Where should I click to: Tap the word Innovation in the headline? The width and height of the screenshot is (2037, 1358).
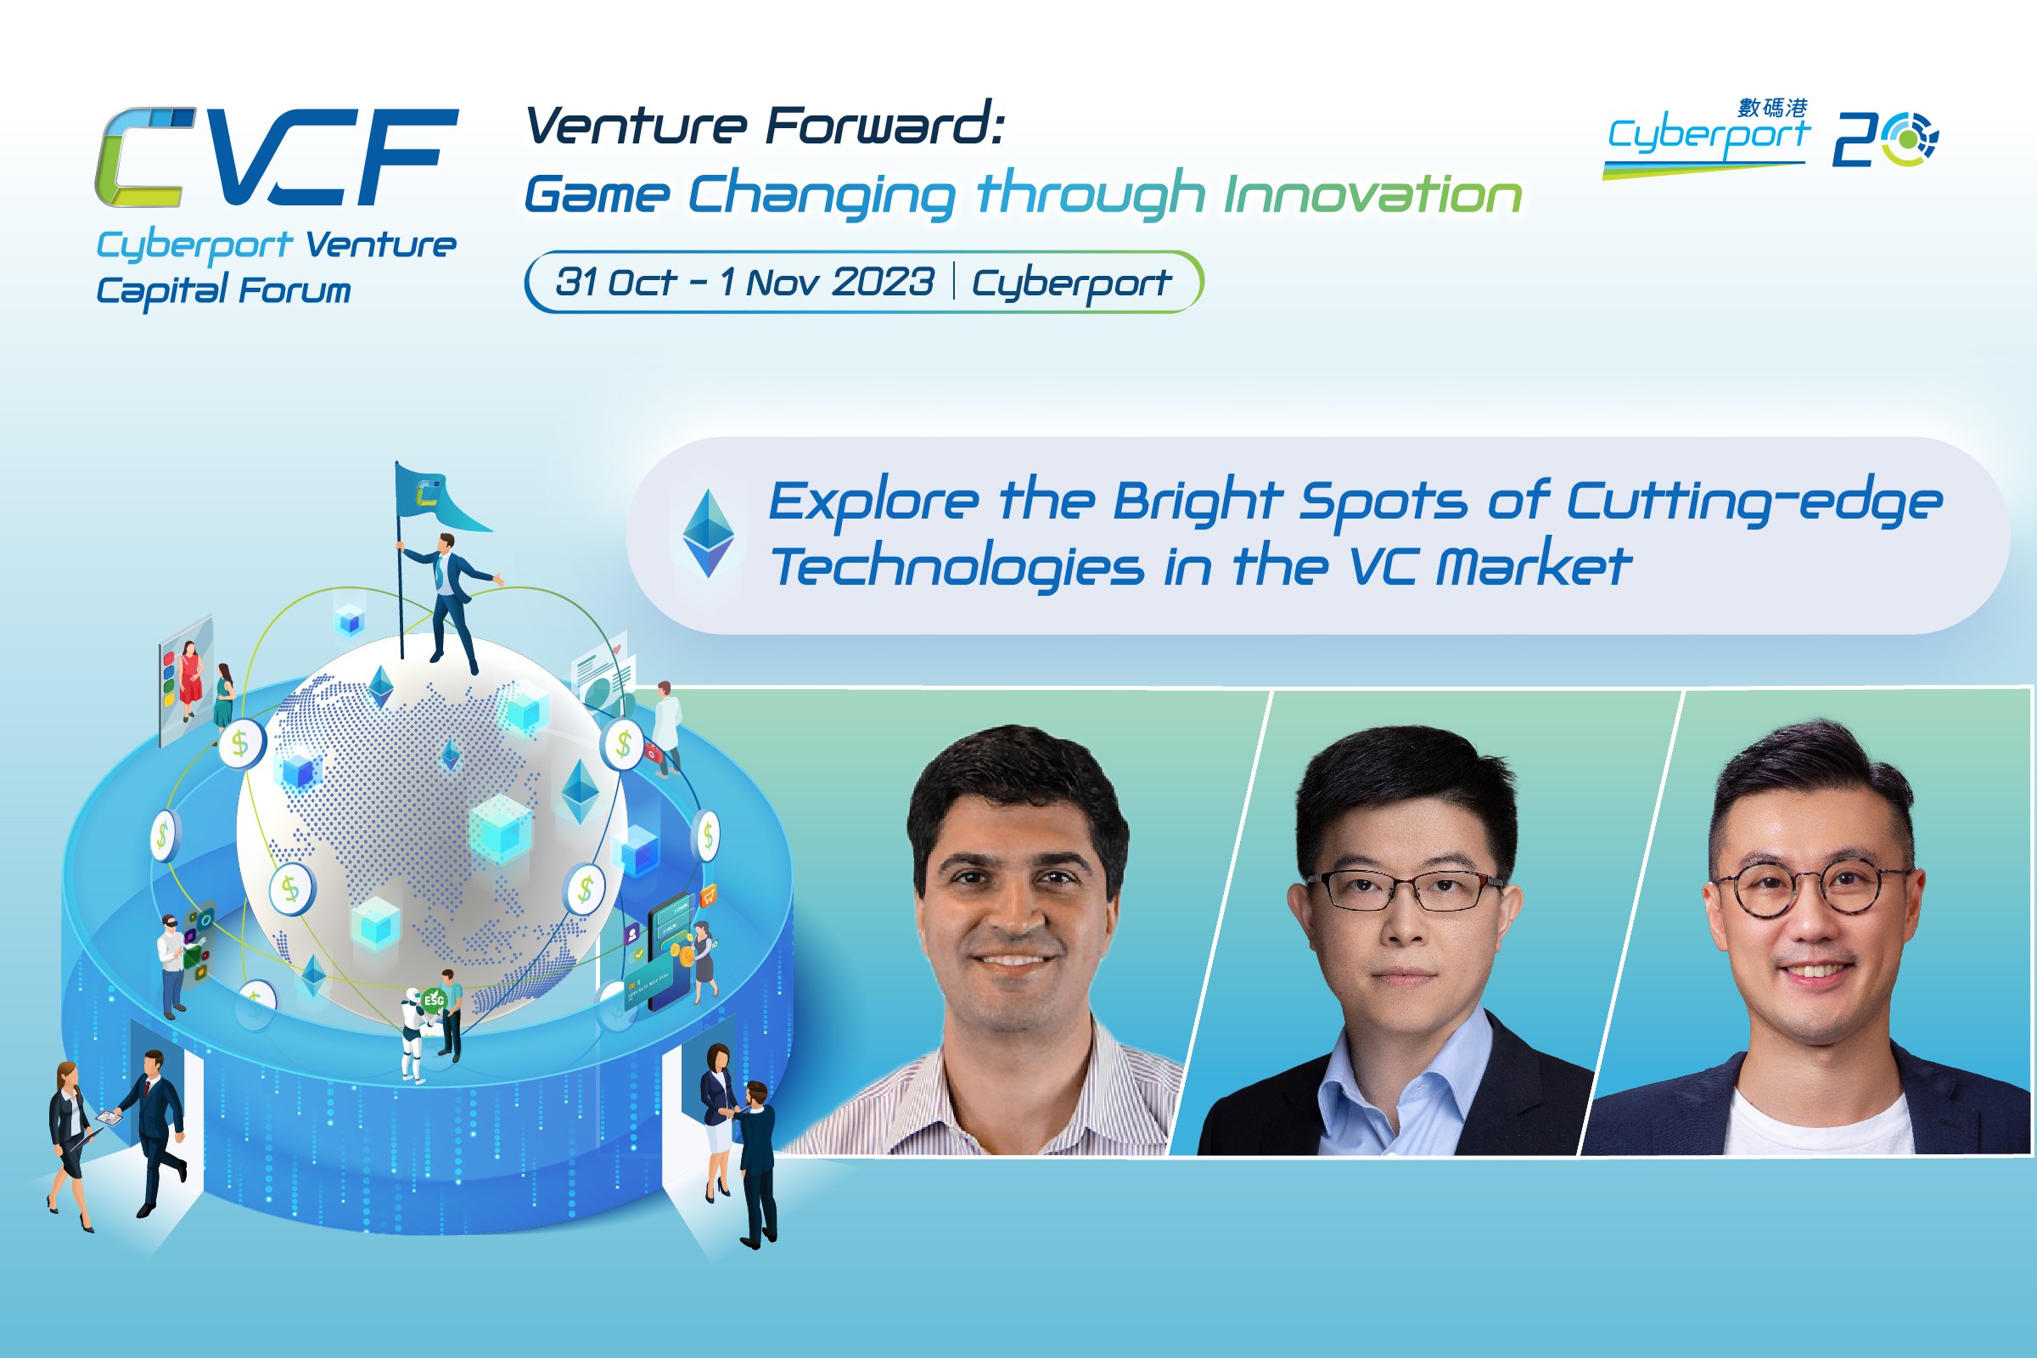point(1372,194)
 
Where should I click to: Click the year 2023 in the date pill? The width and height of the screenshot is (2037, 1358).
point(884,283)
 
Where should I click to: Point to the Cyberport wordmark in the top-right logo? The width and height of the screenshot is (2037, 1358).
point(1708,137)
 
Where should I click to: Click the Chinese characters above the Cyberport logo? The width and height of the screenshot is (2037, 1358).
point(1773,108)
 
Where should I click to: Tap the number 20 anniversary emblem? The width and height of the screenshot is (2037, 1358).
point(1885,138)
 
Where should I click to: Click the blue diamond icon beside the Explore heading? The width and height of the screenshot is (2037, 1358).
point(709,534)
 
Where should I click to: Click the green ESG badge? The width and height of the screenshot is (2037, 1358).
point(434,1001)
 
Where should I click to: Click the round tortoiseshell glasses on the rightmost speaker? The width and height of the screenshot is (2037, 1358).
point(1813,889)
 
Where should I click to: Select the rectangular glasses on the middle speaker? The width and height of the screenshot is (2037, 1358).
point(1404,890)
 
